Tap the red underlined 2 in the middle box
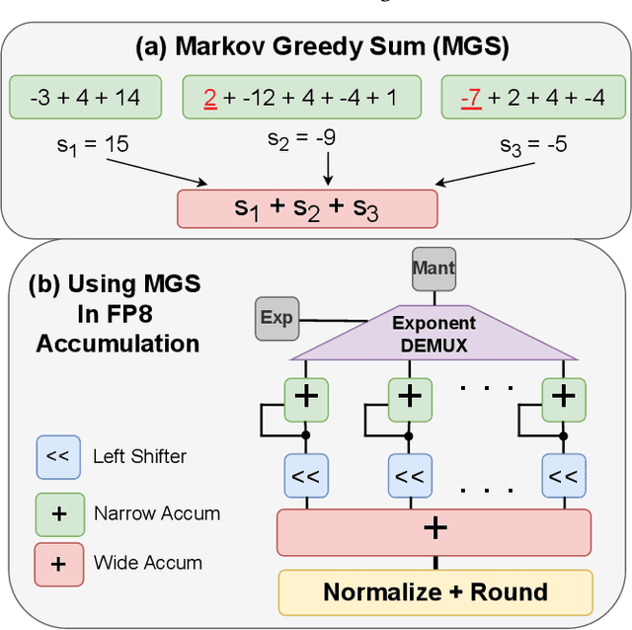click(x=208, y=98)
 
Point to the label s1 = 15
click(x=92, y=145)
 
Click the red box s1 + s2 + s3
click(x=306, y=208)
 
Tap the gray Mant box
click(x=433, y=268)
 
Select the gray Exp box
click(x=276, y=318)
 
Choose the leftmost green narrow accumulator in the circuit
click(x=306, y=397)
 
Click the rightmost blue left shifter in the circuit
click(x=562, y=476)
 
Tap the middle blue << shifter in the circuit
click(x=410, y=476)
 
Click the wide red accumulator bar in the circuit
click(x=434, y=531)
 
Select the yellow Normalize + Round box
click(x=434, y=591)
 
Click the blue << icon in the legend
click(x=56, y=456)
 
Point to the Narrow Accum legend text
click(x=156, y=512)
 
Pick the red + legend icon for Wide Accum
click(x=56, y=563)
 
